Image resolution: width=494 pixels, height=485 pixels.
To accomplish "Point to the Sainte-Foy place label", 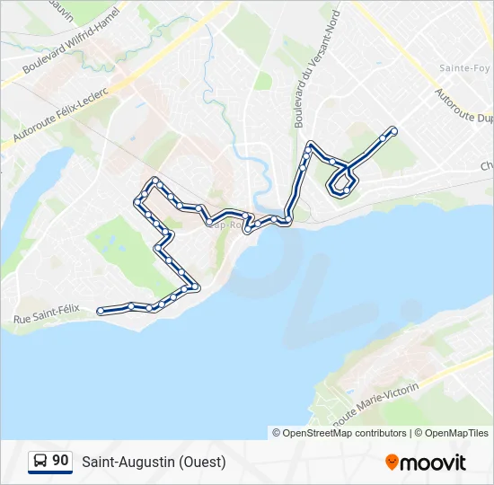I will [463, 68].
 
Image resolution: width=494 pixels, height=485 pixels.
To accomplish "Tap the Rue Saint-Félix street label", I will [47, 313].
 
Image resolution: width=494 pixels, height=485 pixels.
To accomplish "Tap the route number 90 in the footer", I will [60, 461].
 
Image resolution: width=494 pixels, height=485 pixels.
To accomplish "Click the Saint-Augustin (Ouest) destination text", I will [154, 463].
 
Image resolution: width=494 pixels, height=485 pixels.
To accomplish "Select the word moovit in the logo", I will [433, 463].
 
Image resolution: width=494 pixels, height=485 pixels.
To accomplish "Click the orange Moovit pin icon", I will [392, 462].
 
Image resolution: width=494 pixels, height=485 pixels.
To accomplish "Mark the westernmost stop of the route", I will [100, 311].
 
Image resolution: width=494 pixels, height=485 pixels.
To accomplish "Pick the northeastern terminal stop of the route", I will [393, 131].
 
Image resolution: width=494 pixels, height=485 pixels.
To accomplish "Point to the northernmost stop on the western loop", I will [155, 181].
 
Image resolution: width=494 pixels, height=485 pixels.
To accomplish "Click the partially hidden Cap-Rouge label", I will [225, 225].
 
